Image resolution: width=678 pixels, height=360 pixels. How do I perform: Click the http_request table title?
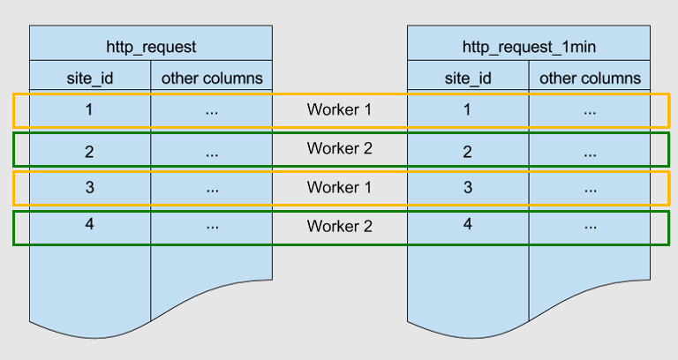coord(150,45)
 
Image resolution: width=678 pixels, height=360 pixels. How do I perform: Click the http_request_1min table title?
coord(528,45)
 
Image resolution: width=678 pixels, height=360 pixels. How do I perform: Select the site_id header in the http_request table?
coord(90,78)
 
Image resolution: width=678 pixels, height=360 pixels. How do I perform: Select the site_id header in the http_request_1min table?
coord(468,78)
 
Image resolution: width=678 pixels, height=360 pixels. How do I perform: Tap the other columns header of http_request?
coord(212,78)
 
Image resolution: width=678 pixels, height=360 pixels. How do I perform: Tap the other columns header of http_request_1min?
coord(590,78)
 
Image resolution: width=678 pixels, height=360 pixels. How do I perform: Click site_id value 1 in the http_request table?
coord(90,110)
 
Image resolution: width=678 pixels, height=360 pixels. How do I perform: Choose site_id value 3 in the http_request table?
coord(90,187)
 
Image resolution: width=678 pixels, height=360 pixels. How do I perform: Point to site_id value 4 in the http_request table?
coord(90,223)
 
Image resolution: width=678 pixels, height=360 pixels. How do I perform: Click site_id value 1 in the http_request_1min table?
coord(468,110)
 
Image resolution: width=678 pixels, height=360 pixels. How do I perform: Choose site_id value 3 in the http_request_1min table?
coord(468,187)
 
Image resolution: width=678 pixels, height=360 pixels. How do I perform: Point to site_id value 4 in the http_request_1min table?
coord(468,223)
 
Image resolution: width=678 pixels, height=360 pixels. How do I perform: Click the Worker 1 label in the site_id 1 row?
coord(340,110)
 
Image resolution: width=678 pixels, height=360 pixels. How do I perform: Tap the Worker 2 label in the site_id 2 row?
coord(340,148)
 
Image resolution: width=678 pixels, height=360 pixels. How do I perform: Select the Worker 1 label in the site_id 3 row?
coord(340,187)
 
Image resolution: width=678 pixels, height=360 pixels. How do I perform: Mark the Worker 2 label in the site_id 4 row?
coord(340,226)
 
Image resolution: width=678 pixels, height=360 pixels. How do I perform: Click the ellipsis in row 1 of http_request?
coord(212,112)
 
